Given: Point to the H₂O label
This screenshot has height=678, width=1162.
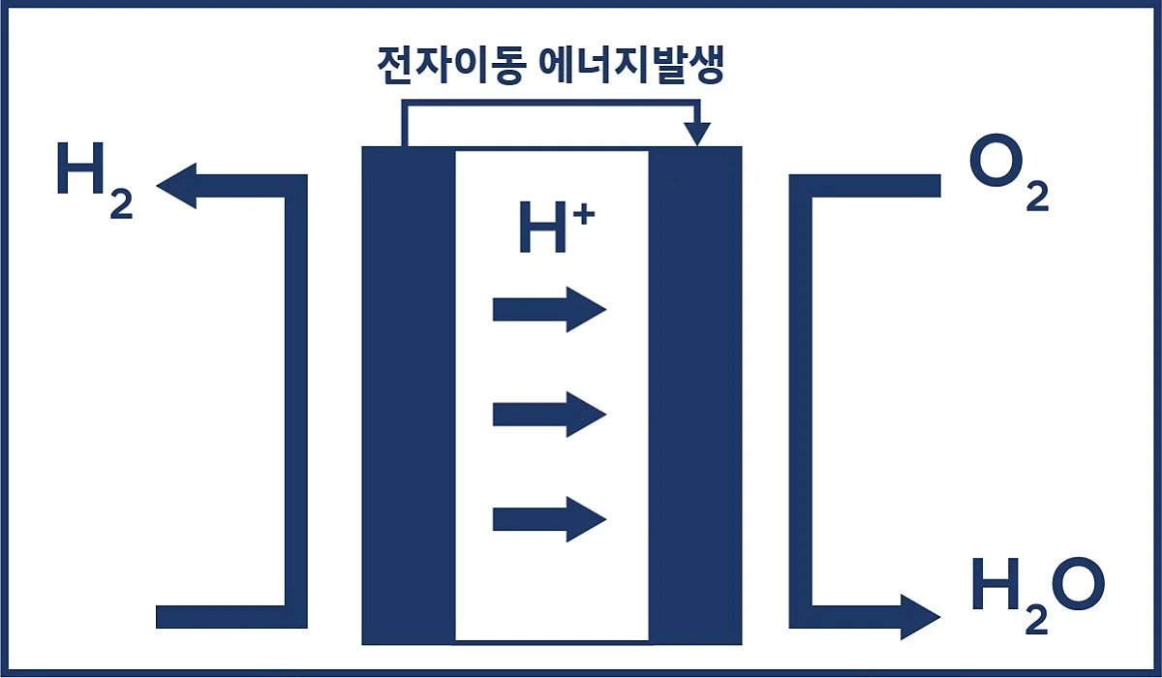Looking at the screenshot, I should point(1037,592).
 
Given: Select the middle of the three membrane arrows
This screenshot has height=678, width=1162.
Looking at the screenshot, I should point(549,415).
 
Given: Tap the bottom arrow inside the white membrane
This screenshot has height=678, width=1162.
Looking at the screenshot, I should point(549,519).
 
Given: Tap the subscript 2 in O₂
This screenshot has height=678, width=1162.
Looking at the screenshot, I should point(1036,199).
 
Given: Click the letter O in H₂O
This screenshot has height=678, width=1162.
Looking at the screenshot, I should point(1078,585).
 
